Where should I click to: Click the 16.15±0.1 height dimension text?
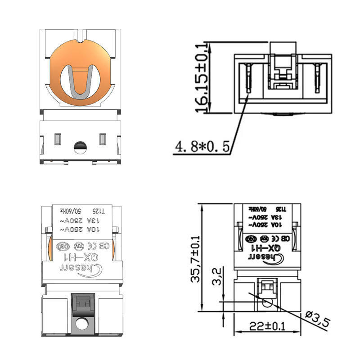coord(201,77)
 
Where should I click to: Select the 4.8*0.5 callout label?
coord(202,146)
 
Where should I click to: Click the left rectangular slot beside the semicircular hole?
coord(58,139)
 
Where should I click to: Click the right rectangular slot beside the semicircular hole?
coord(103,139)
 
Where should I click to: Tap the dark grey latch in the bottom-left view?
coord(81,304)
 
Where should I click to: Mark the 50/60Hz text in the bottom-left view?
coord(71,211)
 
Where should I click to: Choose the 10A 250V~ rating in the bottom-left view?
coord(81,229)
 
